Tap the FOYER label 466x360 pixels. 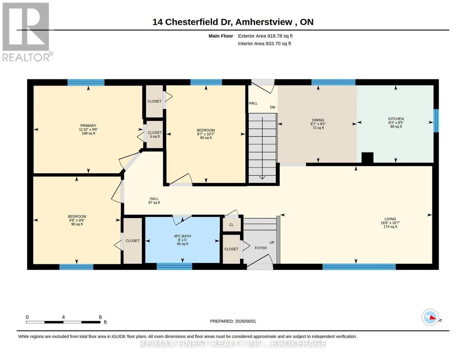[261, 248]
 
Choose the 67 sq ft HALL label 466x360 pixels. [154, 200]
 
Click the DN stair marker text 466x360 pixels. [272, 107]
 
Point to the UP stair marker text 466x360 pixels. [272, 242]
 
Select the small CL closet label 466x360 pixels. [231, 225]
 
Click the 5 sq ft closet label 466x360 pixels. [155, 134]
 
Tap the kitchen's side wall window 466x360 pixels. [436, 121]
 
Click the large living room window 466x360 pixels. [359, 266]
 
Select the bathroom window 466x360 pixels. [174, 266]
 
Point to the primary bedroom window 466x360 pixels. [86, 82]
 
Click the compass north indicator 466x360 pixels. [430, 317]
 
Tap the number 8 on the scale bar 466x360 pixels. [100, 317]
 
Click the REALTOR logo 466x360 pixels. [27, 32]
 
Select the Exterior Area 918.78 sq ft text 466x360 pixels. [265, 36]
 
